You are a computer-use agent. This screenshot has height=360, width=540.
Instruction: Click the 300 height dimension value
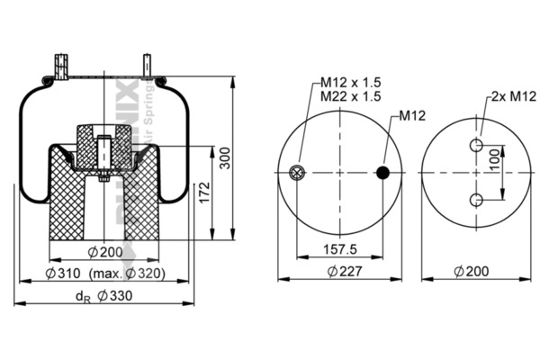coord(226,158)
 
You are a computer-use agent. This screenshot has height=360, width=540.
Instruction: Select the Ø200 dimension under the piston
coord(105,251)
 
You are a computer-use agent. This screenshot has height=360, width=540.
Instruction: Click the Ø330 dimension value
coord(114,296)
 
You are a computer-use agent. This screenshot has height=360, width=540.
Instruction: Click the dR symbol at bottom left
coord(83,297)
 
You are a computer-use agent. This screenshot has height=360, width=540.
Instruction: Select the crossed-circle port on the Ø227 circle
coord(298,174)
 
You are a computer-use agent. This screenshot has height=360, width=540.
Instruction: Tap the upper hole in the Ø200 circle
coord(476,147)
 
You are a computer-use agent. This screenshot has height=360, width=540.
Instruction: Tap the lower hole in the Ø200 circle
coord(476,199)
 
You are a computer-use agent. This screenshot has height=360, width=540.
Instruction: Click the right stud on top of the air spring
coord(147,68)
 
